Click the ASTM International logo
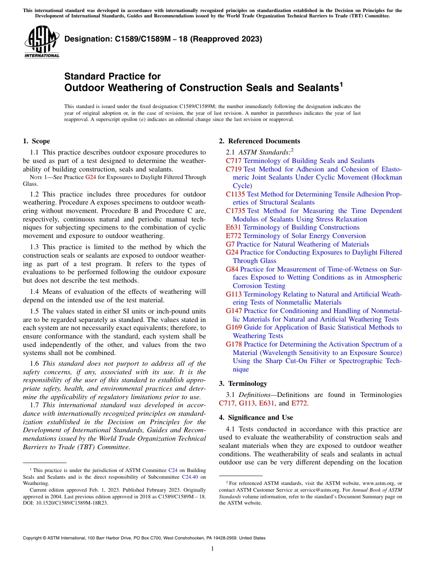(42, 43)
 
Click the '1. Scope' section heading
(36, 141)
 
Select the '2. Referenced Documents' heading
(259, 141)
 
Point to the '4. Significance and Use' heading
(256, 418)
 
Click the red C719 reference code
(234, 169)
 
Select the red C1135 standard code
(235, 194)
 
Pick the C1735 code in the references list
(235, 211)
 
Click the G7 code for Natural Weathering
(230, 244)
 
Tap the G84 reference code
(232, 269)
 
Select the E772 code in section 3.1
(300, 404)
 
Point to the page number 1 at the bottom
(212, 549)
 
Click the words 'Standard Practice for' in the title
(112, 76)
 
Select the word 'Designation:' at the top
(86, 39)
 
